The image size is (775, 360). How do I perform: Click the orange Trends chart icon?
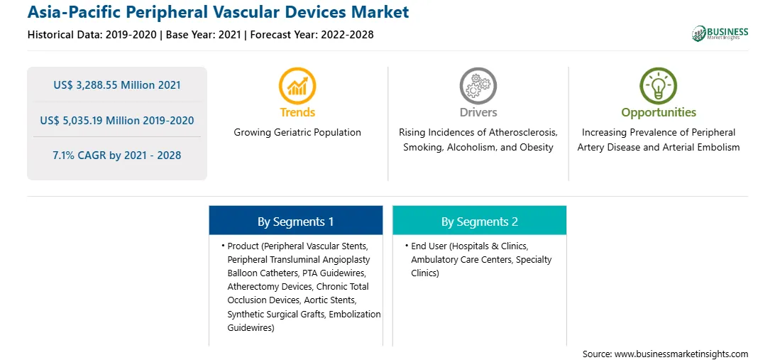(x=297, y=86)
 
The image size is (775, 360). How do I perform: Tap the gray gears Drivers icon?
(x=478, y=86)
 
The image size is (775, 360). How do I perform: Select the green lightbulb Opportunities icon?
(x=659, y=86)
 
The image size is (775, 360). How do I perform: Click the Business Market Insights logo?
(x=720, y=33)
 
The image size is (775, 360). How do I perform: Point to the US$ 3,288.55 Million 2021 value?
(x=117, y=85)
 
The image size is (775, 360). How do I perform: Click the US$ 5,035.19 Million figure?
(x=97, y=120)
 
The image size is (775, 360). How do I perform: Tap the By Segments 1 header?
(x=295, y=222)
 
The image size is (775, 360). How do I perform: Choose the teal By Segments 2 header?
(x=480, y=222)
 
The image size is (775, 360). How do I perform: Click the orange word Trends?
(x=297, y=112)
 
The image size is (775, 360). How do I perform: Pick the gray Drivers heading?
(x=478, y=112)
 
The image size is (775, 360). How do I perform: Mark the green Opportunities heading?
(x=659, y=113)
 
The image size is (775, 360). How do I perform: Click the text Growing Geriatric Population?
(x=297, y=133)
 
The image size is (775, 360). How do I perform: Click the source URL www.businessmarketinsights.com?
(x=681, y=354)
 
